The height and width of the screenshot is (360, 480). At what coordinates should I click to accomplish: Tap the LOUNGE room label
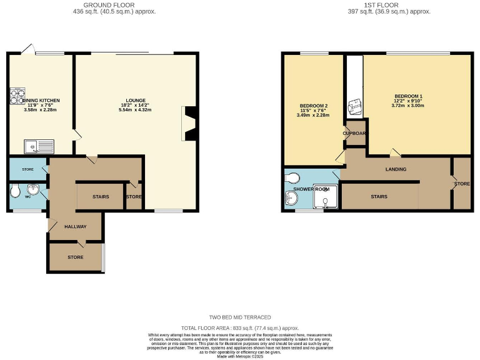(135, 100)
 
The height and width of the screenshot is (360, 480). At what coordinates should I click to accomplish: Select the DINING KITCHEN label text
(39, 100)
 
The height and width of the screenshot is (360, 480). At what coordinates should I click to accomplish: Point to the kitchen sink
(39, 147)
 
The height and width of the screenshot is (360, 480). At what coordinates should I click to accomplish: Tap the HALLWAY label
(75, 226)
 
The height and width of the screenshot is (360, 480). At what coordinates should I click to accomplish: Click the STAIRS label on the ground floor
(101, 197)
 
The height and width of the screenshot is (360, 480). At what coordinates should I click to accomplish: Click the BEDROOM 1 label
(417, 96)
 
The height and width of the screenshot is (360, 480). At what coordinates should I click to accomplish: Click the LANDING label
(396, 169)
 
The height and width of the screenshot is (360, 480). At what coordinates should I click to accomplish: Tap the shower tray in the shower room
(327, 198)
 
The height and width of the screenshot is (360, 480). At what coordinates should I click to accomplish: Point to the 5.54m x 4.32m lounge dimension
(135, 110)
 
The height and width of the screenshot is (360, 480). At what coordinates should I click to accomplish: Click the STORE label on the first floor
(462, 184)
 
